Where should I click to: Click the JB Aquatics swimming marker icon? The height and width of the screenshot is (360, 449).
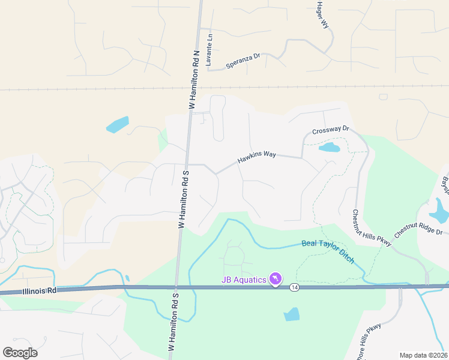point(276,280)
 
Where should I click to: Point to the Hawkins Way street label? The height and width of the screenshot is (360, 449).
point(256,157)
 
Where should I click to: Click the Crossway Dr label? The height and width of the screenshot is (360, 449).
point(330,130)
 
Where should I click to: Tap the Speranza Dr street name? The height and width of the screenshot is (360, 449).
point(243,61)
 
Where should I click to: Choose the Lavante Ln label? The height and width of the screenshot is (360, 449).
point(209,49)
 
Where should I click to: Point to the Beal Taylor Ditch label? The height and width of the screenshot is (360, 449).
point(328,252)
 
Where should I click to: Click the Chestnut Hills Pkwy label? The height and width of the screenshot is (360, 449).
point(371,228)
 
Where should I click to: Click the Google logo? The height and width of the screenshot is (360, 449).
point(20,353)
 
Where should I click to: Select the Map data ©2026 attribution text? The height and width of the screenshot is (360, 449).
point(424,355)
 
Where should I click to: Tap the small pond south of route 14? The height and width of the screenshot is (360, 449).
point(291,314)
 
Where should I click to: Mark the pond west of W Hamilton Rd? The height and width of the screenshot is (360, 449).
point(118,124)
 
